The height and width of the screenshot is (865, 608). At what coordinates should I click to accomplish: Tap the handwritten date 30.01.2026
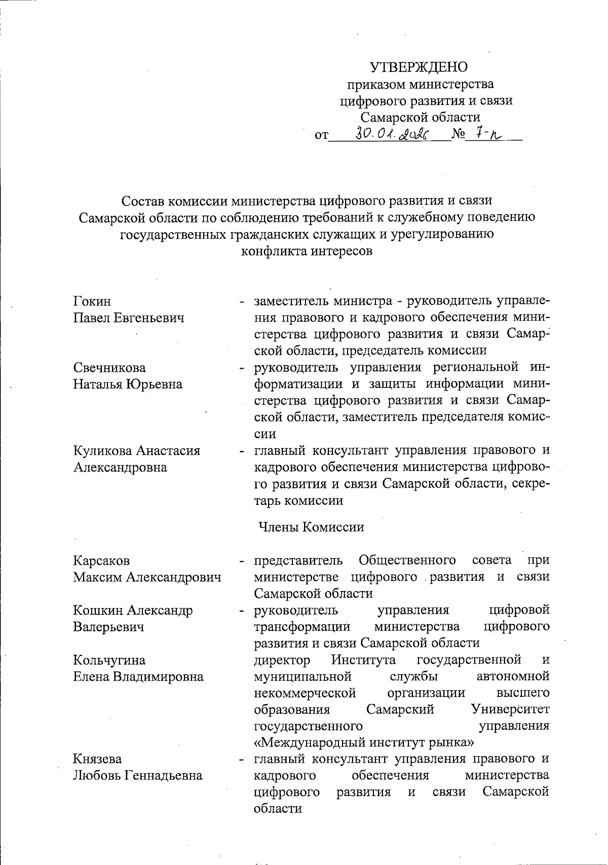[392, 134]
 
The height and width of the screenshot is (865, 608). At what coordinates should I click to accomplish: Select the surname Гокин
[92, 301]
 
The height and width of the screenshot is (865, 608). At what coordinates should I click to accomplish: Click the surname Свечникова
[109, 368]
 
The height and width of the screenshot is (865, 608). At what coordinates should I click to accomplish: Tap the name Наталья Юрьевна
[128, 384]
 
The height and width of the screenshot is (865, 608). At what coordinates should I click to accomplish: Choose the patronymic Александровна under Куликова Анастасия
[120, 467]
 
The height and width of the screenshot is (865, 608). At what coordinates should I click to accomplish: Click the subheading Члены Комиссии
[311, 527]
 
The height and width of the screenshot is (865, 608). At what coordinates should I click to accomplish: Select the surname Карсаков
[101, 561]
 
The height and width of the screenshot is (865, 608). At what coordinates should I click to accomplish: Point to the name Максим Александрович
[147, 577]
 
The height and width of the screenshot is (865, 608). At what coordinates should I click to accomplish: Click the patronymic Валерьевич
[108, 626]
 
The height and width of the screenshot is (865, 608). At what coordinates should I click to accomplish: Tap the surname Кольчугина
[109, 660]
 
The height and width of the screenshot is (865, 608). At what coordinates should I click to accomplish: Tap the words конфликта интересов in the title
[307, 251]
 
